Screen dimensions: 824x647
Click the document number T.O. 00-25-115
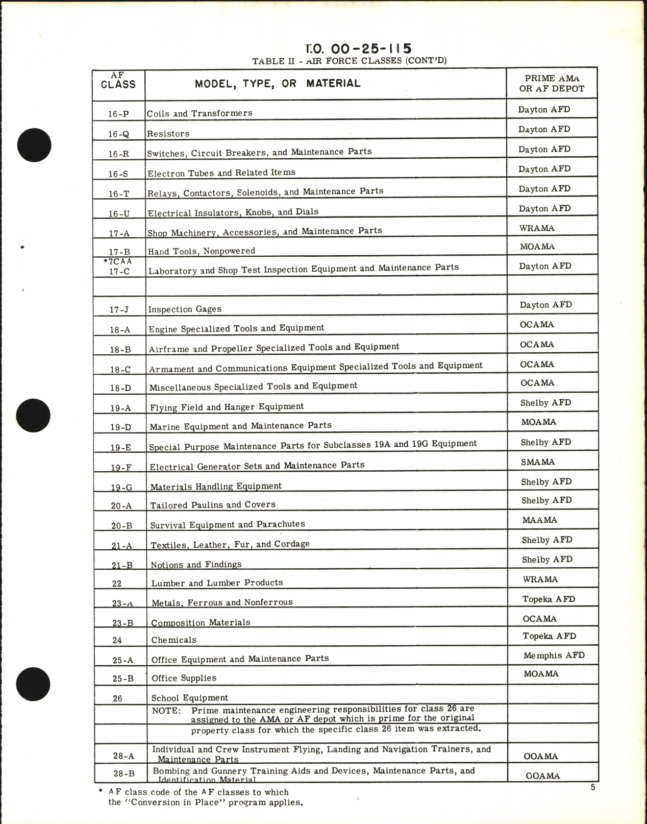358,49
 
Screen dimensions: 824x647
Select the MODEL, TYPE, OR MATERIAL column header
277,84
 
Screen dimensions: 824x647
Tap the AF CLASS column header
118,81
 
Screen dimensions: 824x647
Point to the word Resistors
168,134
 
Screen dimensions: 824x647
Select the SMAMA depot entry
538,462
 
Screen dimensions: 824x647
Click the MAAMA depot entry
539,520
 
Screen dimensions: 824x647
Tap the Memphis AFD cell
554,656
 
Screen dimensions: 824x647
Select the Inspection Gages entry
185,309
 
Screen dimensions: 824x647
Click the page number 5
593,788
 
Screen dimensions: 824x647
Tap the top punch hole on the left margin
34,144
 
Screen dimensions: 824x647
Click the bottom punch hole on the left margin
33,685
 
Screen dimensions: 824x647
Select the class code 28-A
123,756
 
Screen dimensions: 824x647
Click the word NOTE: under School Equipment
166,711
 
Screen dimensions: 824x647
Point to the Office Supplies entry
184,678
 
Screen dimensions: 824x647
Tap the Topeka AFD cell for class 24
549,636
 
